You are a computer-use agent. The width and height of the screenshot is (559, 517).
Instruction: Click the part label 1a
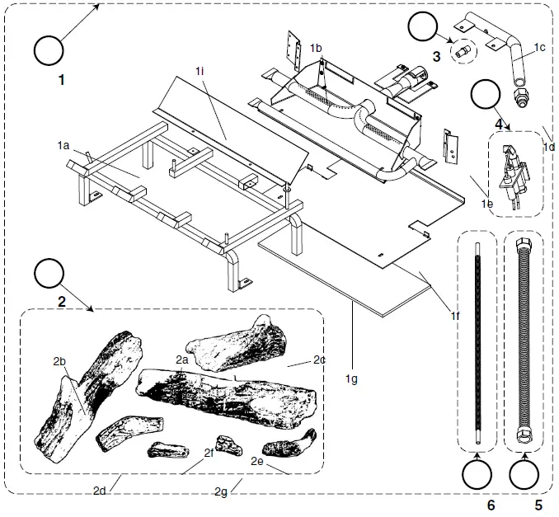pyautogui.click(x=63, y=145)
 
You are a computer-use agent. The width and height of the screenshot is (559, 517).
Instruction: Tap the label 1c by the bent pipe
pyautogui.click(x=540, y=47)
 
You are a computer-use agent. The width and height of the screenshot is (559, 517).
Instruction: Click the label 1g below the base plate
pyautogui.click(x=352, y=378)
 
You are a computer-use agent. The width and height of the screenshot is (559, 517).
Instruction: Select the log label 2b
pyautogui.click(x=59, y=361)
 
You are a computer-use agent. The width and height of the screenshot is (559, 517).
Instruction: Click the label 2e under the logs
pyautogui.click(x=256, y=463)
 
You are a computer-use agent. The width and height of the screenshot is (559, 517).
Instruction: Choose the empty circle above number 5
pyautogui.click(x=525, y=476)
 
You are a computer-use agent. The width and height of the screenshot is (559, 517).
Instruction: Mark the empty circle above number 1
pyautogui.click(x=48, y=50)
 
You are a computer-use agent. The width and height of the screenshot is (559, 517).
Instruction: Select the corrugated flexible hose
pyautogui.click(x=524, y=342)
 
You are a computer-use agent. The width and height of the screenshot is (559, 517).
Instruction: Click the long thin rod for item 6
pyautogui.click(x=477, y=342)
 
